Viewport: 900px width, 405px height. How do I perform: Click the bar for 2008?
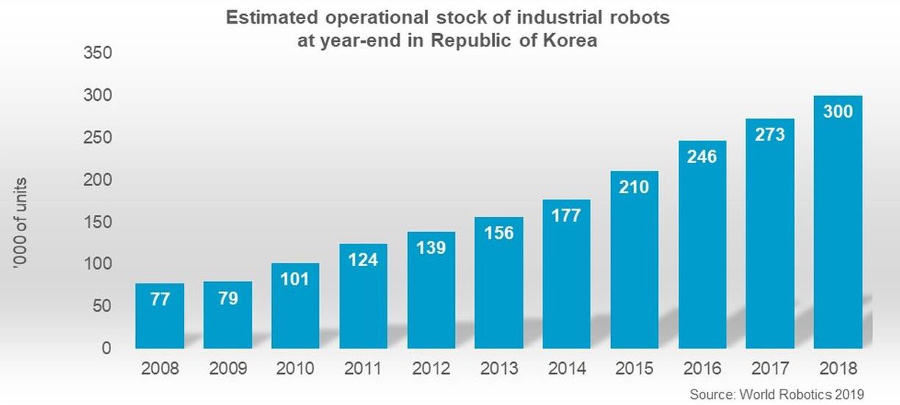pyautogui.click(x=160, y=316)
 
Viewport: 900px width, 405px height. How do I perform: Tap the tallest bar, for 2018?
pyautogui.click(x=838, y=222)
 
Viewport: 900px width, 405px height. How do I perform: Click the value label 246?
pyautogui.click(x=701, y=156)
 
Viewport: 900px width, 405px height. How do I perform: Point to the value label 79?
pyautogui.click(x=227, y=299)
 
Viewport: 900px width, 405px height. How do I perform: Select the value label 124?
pyautogui.click(x=362, y=260)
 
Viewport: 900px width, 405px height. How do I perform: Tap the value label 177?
pyautogui.click(x=566, y=215)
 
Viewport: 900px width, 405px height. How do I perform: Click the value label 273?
pyautogui.click(x=770, y=134)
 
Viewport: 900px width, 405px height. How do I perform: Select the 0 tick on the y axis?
pyautogui.click(x=106, y=348)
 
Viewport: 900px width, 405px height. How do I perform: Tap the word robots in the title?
pyautogui.click(x=642, y=18)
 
